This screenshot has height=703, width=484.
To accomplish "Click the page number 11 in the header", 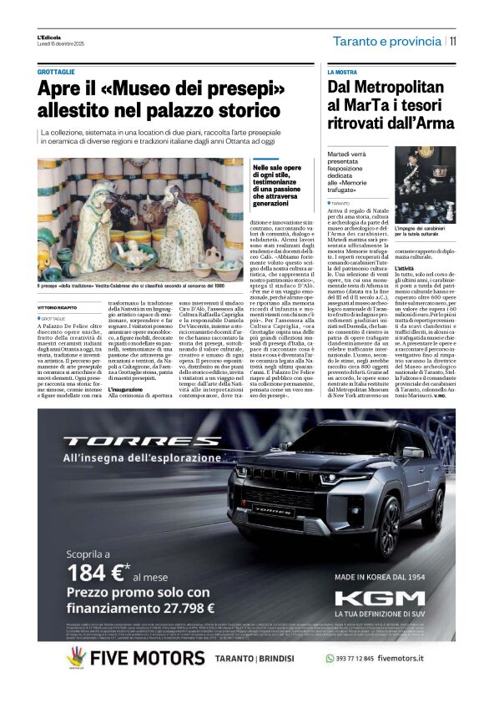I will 452,40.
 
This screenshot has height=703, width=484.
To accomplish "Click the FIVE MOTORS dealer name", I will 147,658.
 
